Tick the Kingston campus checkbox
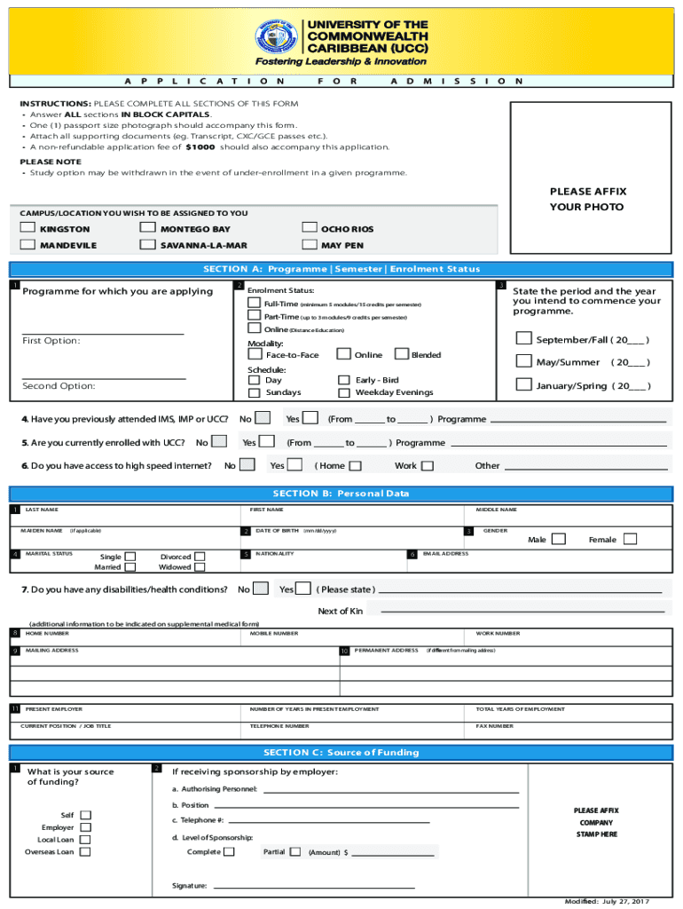coord(28,228)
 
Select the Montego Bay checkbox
coord(148,228)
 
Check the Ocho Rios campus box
coord(309,228)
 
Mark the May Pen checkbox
coord(309,244)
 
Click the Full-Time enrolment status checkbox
coord(255,304)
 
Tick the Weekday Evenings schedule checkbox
coord(344,391)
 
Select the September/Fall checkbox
coord(523,338)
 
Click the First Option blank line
coord(103,334)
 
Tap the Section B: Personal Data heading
coord(341,494)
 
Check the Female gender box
coord(630,539)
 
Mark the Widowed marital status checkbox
coord(200,566)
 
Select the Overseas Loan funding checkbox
coord(85,851)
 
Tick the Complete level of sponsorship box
coord(230,851)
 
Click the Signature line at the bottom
coord(314,887)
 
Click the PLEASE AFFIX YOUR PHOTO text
coord(586,200)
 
